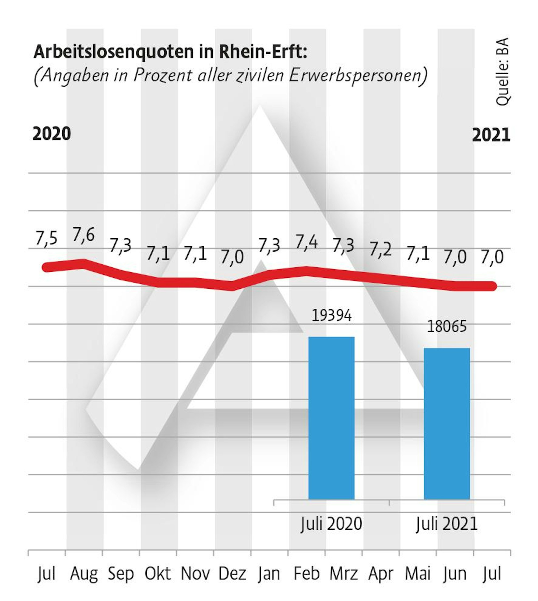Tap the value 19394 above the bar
[x=331, y=316]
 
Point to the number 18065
[x=447, y=327]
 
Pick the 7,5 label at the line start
[x=46, y=238]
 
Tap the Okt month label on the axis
[x=157, y=574]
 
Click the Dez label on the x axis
[x=232, y=574]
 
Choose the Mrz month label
[x=343, y=574]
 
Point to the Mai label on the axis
[x=417, y=574]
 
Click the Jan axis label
[x=269, y=574]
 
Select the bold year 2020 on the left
[x=52, y=134]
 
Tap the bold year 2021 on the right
[x=491, y=135]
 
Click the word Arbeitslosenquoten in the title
[x=114, y=52]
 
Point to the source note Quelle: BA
[x=502, y=72]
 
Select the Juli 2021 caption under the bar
[x=447, y=524]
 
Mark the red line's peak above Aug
[x=84, y=262]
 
